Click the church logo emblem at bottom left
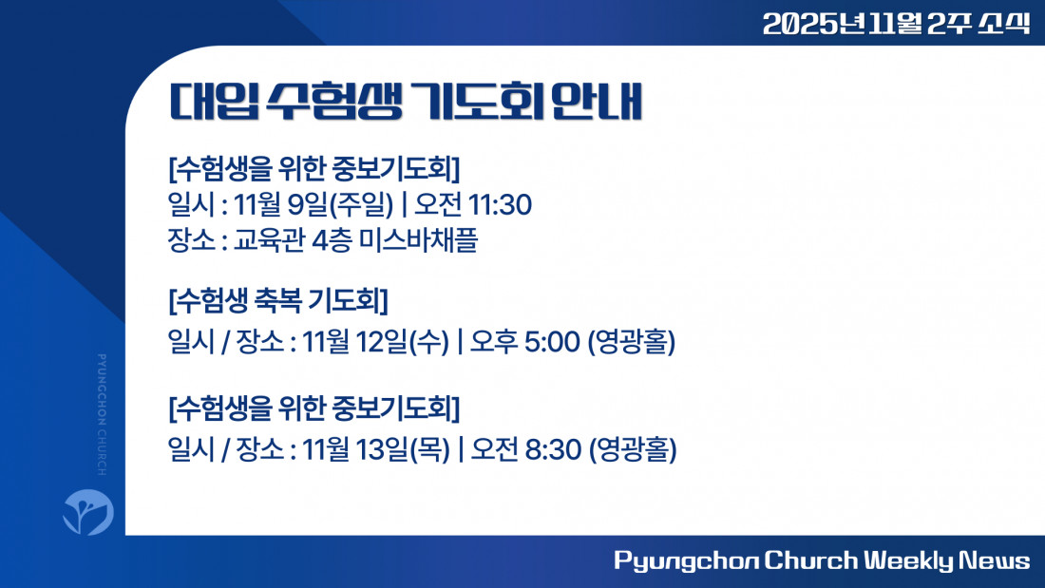88,511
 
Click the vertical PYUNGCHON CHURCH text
102,415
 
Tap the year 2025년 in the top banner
814,24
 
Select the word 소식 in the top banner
1004,24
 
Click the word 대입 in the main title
214,102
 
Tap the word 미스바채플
418,240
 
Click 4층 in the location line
332,240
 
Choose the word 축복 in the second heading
278,301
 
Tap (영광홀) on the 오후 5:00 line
631,342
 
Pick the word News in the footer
995,560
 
